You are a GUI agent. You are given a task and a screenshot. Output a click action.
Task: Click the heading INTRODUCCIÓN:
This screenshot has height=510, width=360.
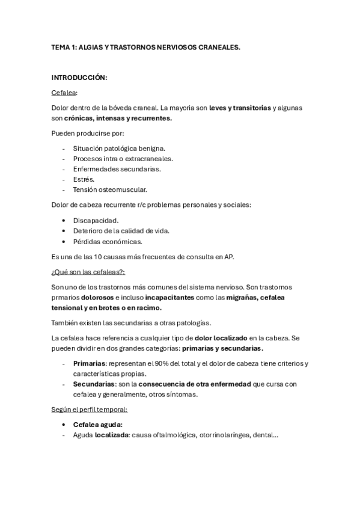click(x=80, y=78)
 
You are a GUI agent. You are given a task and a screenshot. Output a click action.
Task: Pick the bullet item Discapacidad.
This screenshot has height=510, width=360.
click(x=96, y=220)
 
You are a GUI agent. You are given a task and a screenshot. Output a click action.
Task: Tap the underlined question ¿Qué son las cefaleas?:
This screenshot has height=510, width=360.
click(x=88, y=272)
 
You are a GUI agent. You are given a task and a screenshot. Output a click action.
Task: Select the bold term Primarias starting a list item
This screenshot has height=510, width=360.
click(x=89, y=363)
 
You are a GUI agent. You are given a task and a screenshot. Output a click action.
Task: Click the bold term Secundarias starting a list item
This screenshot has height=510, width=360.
click(x=94, y=384)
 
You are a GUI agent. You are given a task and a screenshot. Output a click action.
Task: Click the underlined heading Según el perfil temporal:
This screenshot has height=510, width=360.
click(x=90, y=410)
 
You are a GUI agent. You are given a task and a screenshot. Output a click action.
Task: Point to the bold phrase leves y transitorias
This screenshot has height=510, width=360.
click(x=240, y=108)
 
